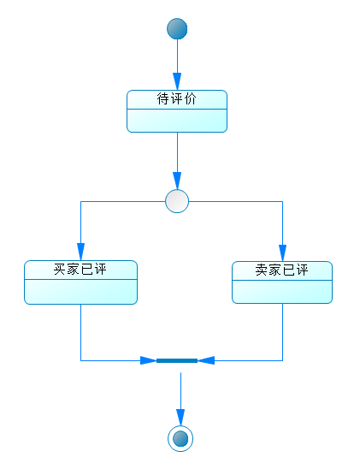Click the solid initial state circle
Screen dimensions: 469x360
click(177, 29)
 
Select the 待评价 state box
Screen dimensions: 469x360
click(177, 111)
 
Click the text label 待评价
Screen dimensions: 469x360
click(177, 99)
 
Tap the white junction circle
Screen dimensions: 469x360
click(177, 201)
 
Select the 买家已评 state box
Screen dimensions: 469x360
click(80, 282)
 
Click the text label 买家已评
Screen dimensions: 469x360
click(80, 270)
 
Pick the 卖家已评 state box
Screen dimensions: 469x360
click(282, 282)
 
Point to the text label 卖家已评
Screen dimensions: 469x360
click(282, 270)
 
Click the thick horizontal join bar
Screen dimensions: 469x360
click(177, 360)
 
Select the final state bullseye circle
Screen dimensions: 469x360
click(180, 438)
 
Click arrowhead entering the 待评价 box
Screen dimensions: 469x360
click(177, 83)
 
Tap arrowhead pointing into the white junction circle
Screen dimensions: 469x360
click(177, 182)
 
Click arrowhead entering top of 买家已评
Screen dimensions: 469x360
click(80, 253)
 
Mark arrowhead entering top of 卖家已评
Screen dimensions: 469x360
click(282, 254)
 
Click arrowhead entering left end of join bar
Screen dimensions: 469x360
click(149, 360)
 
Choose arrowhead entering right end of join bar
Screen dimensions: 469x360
click(205, 360)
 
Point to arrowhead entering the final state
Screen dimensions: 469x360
click(180, 419)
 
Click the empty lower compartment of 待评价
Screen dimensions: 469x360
click(177, 121)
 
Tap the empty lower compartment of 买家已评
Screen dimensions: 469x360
click(80, 291)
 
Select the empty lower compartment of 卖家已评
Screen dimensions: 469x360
click(282, 291)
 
